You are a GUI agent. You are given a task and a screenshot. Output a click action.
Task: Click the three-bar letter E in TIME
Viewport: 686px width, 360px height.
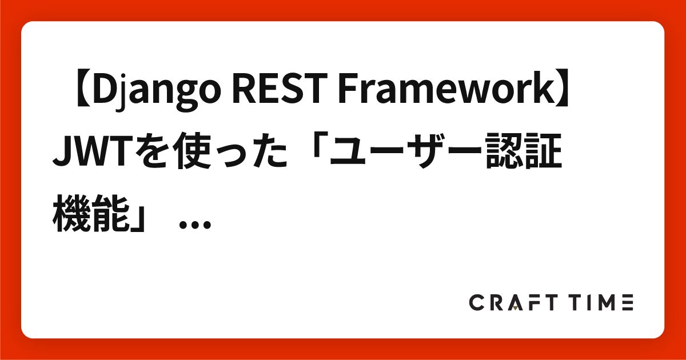[x=625, y=303]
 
